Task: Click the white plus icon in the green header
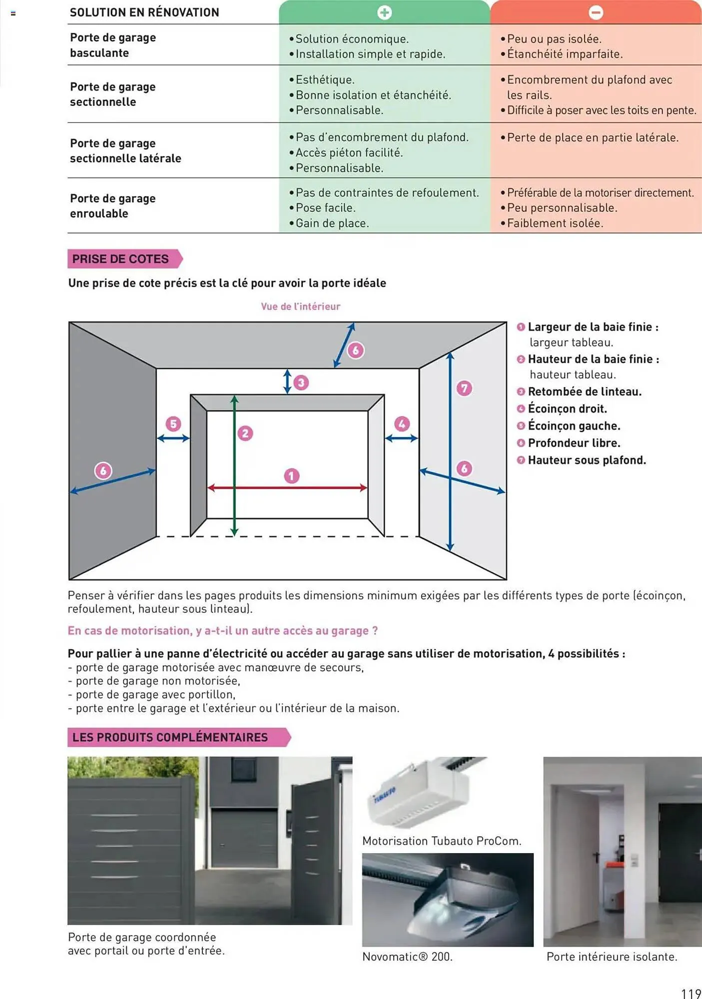pyautogui.click(x=384, y=12)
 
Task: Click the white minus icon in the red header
pyautogui.click(x=596, y=12)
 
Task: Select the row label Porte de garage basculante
pyautogui.click(x=113, y=45)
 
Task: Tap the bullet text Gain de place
pyautogui.click(x=332, y=223)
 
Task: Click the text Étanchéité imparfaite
pyautogui.click(x=565, y=54)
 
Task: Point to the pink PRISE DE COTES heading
pyautogui.click(x=121, y=259)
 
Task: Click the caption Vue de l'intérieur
pyautogui.click(x=300, y=306)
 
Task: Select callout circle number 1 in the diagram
pyautogui.click(x=292, y=476)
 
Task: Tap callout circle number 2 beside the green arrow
pyautogui.click(x=245, y=433)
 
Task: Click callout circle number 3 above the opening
pyautogui.click(x=301, y=383)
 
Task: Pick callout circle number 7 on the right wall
pyautogui.click(x=464, y=388)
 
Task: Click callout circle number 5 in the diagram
pyautogui.click(x=173, y=424)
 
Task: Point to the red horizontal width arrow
pyautogui.click(x=287, y=488)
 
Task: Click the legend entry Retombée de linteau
pyautogui.click(x=584, y=392)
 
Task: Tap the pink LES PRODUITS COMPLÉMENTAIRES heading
pyautogui.click(x=170, y=737)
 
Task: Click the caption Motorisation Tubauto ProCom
pyautogui.click(x=442, y=841)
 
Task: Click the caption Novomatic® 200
pyautogui.click(x=407, y=957)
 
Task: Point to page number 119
pyautogui.click(x=691, y=993)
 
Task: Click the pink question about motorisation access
pyautogui.click(x=223, y=631)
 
